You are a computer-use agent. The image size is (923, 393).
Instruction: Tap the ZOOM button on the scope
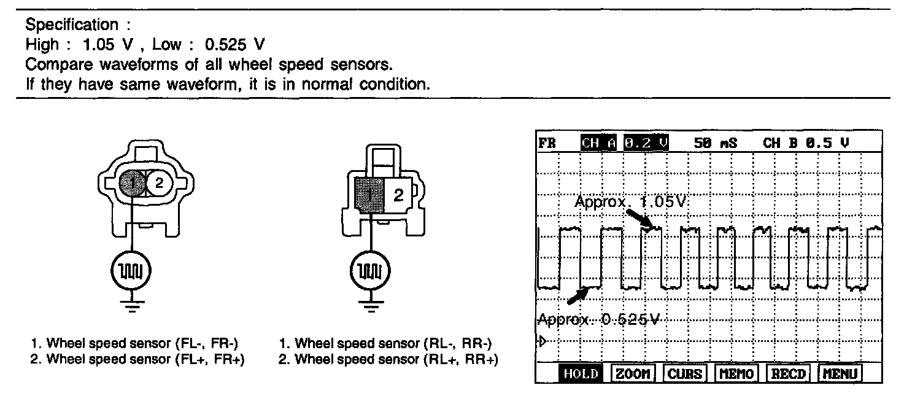(x=633, y=373)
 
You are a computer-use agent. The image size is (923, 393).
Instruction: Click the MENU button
(x=840, y=373)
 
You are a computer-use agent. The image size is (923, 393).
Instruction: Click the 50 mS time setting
(x=715, y=143)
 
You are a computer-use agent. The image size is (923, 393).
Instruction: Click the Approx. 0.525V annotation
(x=601, y=319)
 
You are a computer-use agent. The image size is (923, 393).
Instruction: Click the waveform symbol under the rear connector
(x=370, y=270)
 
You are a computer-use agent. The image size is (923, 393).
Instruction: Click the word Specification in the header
(x=71, y=25)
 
